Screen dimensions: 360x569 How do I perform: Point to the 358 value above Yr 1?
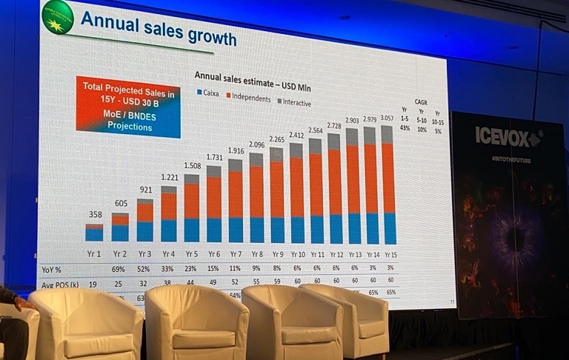coord(94,215)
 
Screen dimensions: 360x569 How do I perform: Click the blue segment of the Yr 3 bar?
coord(145,232)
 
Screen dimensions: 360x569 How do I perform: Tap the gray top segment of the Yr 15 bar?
coord(387,134)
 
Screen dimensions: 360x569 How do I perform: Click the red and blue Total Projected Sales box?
coord(128,107)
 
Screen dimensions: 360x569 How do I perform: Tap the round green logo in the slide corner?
coord(59,16)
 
